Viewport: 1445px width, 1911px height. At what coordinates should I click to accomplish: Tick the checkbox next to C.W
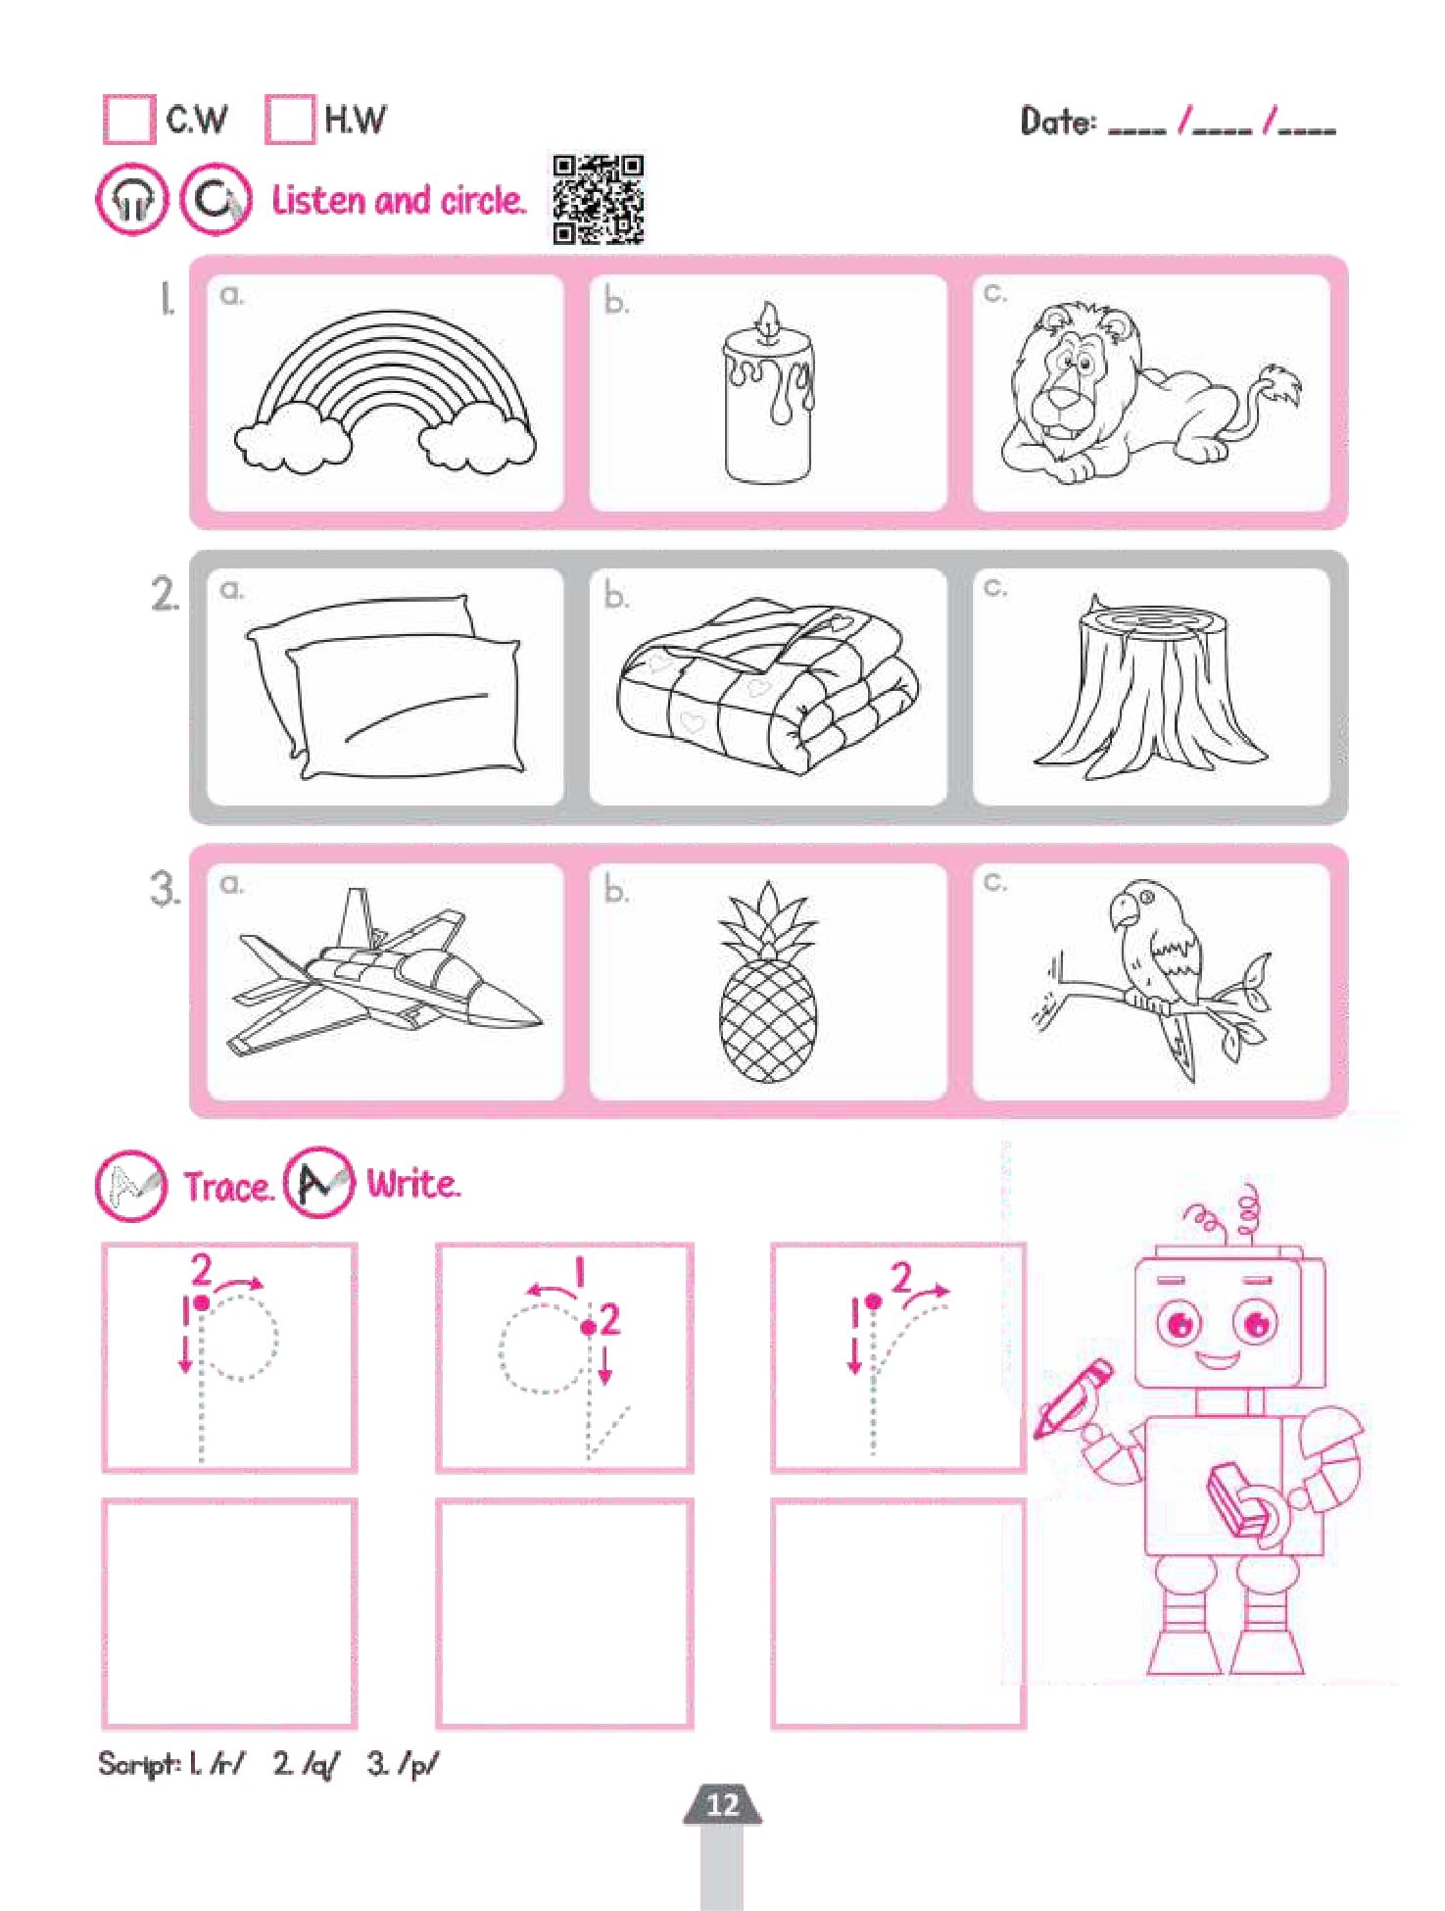pyautogui.click(x=128, y=119)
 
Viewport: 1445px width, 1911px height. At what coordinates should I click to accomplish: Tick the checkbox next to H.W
pyautogui.click(x=290, y=119)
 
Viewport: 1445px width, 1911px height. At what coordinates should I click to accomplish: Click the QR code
pyautogui.click(x=598, y=199)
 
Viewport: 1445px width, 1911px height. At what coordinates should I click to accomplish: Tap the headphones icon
pyautogui.click(x=132, y=199)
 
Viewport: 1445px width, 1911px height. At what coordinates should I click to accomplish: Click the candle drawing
pyautogui.click(x=769, y=394)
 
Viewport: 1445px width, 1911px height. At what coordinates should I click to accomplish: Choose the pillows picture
pyautogui.click(x=384, y=687)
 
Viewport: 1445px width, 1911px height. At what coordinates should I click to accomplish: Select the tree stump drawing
pyautogui.click(x=1150, y=685)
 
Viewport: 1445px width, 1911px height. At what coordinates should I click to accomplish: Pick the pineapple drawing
pyautogui.click(x=768, y=980)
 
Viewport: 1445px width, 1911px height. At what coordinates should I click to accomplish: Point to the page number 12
pyautogui.click(x=723, y=1804)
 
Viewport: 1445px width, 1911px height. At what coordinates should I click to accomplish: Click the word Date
pyautogui.click(x=1058, y=122)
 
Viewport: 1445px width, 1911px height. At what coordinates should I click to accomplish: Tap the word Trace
pyautogui.click(x=227, y=1186)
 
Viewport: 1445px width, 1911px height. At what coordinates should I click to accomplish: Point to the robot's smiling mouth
pyautogui.click(x=1219, y=1360)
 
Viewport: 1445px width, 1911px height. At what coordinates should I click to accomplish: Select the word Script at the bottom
pyautogui.click(x=138, y=1765)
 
